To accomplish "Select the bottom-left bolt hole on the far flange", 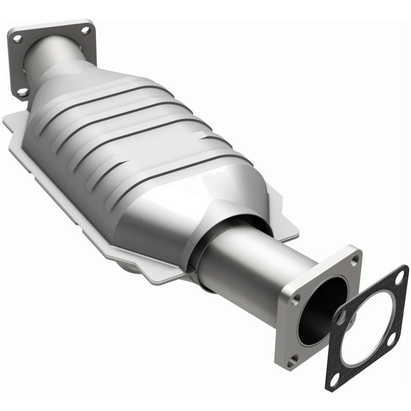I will (x=22, y=92).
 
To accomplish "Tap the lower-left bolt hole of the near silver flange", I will (x=294, y=360).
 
